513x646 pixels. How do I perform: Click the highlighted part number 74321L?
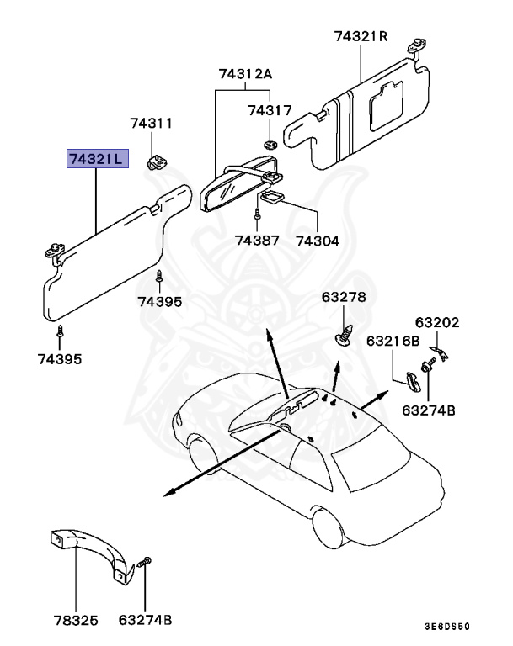[97, 158]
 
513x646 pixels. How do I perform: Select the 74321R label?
[361, 36]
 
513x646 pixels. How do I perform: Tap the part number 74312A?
[245, 74]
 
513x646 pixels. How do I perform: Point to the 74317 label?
[270, 110]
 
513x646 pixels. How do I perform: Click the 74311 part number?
[151, 124]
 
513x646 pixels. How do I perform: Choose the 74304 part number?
[318, 241]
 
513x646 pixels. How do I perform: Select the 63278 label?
[344, 298]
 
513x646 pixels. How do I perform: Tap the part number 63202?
[436, 321]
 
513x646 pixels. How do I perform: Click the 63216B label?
[393, 341]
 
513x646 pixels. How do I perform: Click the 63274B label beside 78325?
[145, 621]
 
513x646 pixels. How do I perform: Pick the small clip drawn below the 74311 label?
[157, 159]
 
